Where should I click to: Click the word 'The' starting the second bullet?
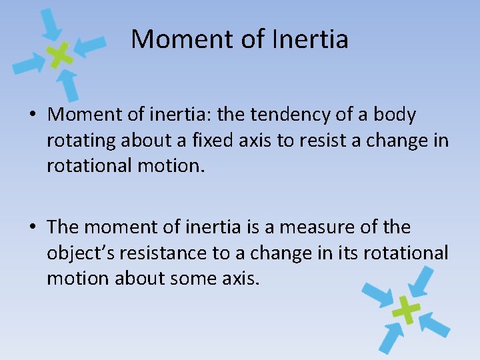pos(63,227)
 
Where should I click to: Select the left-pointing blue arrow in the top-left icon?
pos(89,45)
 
